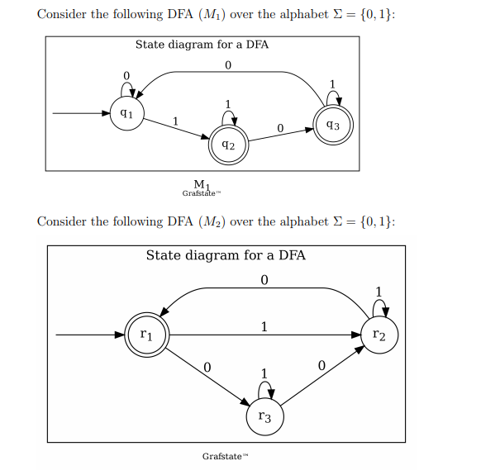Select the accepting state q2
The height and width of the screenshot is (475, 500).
(228, 144)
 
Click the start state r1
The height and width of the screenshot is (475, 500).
(145, 335)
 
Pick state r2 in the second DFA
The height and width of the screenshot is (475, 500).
(379, 335)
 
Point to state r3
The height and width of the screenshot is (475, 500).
(264, 417)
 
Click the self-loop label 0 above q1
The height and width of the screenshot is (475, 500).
(126, 76)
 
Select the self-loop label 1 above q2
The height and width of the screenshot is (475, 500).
(228, 103)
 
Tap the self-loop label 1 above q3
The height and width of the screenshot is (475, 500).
(332, 83)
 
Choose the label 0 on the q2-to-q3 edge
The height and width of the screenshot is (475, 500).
(280, 128)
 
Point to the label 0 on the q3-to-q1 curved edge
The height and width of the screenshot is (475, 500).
(227, 64)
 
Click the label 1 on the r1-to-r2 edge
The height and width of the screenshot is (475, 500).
(264, 326)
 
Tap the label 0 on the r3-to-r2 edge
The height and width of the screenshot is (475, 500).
(321, 365)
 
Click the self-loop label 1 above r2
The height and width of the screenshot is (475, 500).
(379, 291)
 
